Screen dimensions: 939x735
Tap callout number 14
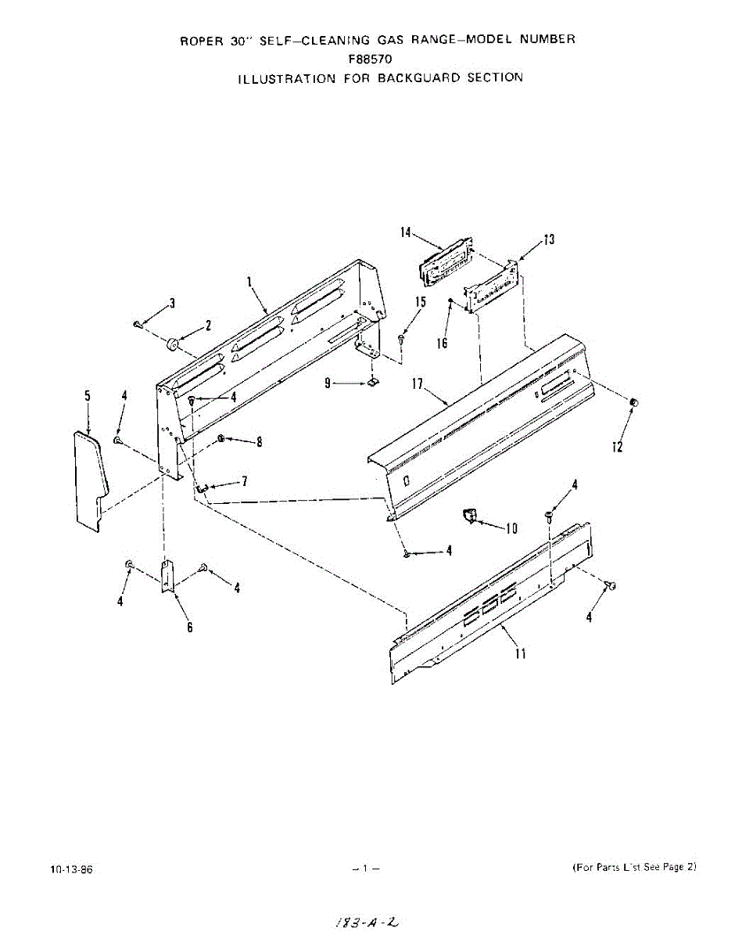click(x=406, y=232)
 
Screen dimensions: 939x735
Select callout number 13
click(x=549, y=239)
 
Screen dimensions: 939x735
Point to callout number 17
click(x=418, y=384)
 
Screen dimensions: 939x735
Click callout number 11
click(x=520, y=653)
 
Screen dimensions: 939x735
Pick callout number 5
click(x=88, y=397)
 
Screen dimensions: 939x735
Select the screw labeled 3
click(x=138, y=323)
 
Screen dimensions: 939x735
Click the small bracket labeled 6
click(x=167, y=577)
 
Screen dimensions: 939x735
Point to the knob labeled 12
click(x=634, y=402)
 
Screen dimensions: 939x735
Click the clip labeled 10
click(x=469, y=516)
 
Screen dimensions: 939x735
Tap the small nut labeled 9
click(x=374, y=383)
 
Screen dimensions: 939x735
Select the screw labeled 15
click(x=400, y=338)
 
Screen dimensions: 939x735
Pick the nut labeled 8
click(x=222, y=438)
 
